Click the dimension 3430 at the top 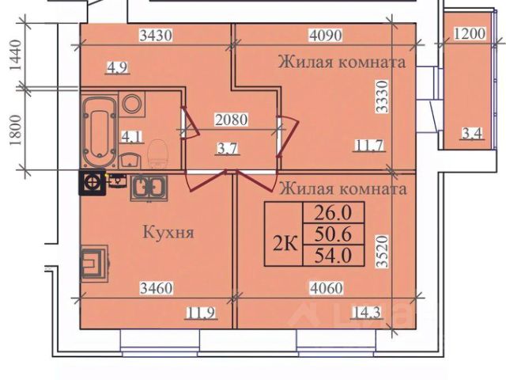point(155,35)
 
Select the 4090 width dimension point(324,35)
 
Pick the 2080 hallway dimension point(232,120)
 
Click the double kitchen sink point(147,187)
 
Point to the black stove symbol point(93,183)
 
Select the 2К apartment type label point(285,243)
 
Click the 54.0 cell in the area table point(333,255)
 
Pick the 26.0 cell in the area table point(333,212)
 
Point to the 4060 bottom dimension point(325,289)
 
